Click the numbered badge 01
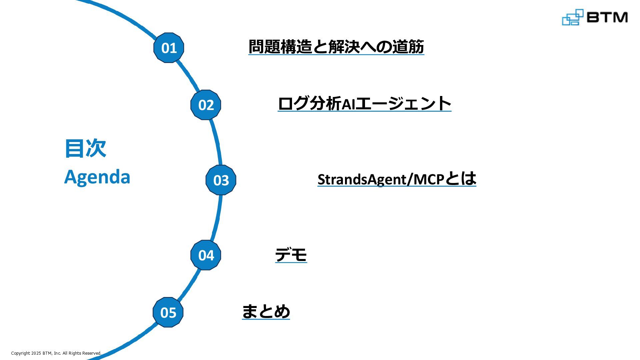pos(169,48)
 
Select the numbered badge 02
pos(206,105)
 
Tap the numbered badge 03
pos(221,180)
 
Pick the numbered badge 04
pos(206,255)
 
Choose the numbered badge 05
pos(168,312)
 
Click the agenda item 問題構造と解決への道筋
pos(336,46)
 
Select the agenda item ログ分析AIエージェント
pos(364,103)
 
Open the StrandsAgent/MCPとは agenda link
pos(397,179)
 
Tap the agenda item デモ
pos(291,255)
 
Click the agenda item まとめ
pos(266,312)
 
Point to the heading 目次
pos(85,148)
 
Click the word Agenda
pos(97,177)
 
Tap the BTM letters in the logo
pos(607,17)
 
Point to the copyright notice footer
pos(56,353)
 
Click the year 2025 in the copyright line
pos(36,353)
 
